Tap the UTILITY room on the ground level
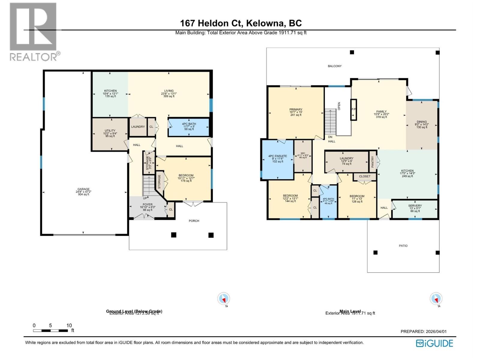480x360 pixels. click(x=110, y=133)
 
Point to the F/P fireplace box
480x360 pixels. click(x=354, y=109)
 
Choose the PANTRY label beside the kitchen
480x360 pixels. click(x=373, y=162)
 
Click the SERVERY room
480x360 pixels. click(x=415, y=208)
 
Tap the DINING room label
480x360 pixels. click(x=421, y=124)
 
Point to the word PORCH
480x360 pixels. click(x=194, y=221)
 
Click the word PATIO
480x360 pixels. click(x=403, y=246)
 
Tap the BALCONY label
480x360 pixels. click(x=334, y=66)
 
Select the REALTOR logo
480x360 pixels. click(x=34, y=31)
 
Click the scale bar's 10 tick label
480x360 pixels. click(x=69, y=325)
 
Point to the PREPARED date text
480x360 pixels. click(x=423, y=331)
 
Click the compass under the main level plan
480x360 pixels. click(x=436, y=299)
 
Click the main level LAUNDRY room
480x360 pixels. click(x=346, y=161)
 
